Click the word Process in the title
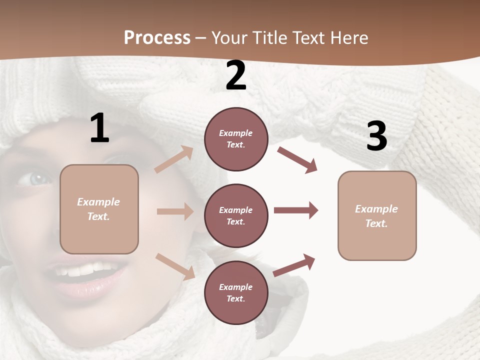(x=157, y=37)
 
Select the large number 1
(x=99, y=129)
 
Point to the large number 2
(x=236, y=76)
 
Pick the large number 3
(x=376, y=136)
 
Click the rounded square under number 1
(x=99, y=209)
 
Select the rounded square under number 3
(x=377, y=216)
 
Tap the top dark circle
(x=236, y=139)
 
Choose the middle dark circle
(x=236, y=216)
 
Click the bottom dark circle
(x=236, y=293)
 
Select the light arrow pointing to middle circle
(x=175, y=211)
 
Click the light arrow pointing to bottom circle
(x=175, y=266)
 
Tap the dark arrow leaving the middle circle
(x=296, y=210)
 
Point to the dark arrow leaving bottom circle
(x=294, y=265)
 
